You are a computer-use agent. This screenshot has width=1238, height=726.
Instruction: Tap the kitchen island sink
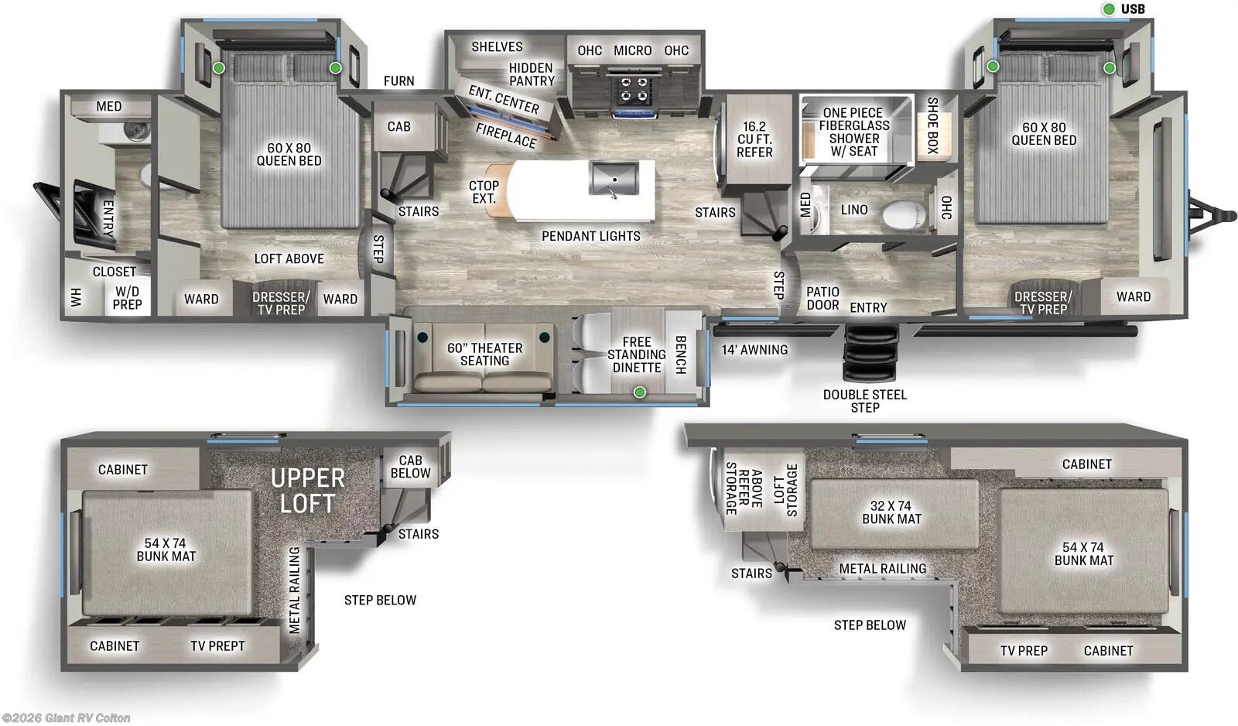point(614,178)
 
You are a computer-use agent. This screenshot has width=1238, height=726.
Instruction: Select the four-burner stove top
point(634,91)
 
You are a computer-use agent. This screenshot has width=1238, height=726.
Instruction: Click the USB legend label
point(1133,9)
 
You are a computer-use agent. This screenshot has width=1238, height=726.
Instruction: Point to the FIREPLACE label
point(505,135)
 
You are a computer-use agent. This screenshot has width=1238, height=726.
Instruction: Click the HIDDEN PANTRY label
point(532,74)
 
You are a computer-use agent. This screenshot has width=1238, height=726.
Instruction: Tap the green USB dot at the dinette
point(640,392)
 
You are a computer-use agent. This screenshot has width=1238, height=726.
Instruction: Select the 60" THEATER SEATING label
point(484,354)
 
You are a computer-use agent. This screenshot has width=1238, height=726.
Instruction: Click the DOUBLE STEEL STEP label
point(864,401)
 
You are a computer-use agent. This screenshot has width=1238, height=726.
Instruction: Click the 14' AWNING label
point(754,350)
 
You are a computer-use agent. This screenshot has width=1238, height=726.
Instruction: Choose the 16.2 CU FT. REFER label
point(754,139)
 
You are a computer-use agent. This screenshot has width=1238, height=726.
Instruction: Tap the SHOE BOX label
point(932,125)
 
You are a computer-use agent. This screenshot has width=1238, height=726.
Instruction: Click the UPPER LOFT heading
point(307,491)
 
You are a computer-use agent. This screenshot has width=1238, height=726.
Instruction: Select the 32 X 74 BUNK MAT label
point(891,512)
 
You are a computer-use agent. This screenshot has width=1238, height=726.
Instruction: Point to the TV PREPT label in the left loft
point(217,646)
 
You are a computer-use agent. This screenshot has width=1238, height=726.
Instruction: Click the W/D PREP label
point(128,298)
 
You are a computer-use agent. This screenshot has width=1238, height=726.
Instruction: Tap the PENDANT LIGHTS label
point(590,236)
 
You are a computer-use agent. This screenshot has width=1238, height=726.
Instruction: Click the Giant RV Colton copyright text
point(66,718)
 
